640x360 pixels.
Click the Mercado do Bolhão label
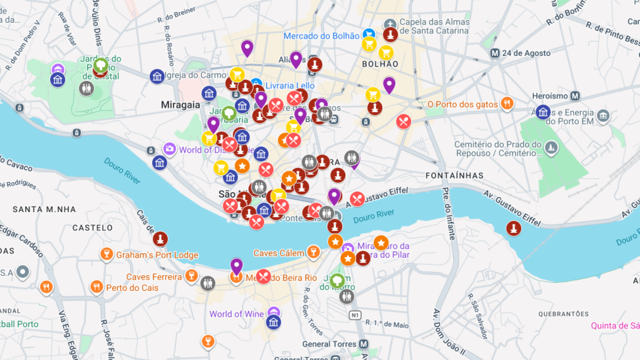(321, 36)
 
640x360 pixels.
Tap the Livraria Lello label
(290, 86)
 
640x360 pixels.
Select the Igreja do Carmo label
(196, 75)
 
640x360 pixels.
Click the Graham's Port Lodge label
(157, 255)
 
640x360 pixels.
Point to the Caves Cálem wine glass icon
(313, 252)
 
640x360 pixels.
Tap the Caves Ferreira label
(154, 277)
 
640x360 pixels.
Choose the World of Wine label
(236, 314)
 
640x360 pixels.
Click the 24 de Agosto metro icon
(495, 53)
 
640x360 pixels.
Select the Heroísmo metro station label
(550, 96)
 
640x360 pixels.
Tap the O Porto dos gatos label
(462, 104)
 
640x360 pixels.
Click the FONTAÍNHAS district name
(454, 176)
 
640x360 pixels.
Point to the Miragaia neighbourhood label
(180, 105)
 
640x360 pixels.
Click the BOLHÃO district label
(380, 64)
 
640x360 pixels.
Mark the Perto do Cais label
(132, 288)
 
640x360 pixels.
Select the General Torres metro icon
(364, 344)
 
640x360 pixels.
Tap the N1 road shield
(355, 315)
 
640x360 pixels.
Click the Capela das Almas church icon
(390, 24)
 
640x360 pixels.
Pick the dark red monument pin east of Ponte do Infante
(514, 229)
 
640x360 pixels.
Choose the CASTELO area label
(93, 228)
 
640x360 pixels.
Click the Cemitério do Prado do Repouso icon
(551, 148)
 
